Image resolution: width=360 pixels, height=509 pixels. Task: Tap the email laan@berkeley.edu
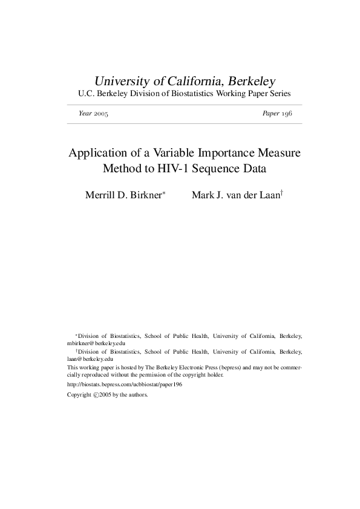(x=90, y=358)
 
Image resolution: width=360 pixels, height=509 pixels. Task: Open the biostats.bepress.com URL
(x=125, y=384)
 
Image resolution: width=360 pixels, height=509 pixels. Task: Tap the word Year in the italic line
(x=85, y=114)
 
